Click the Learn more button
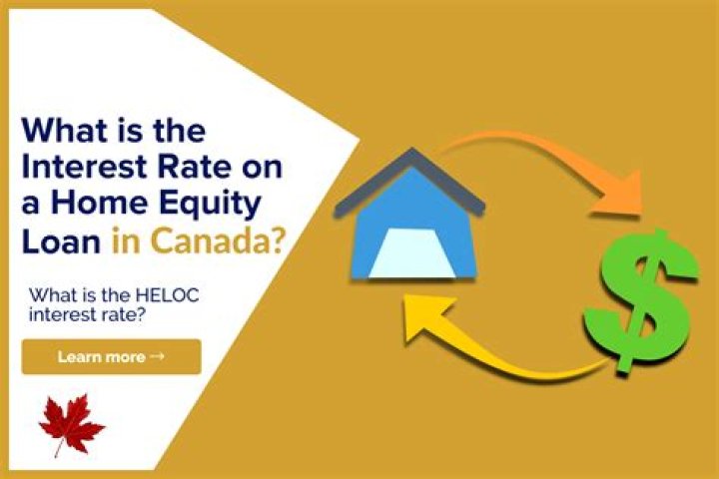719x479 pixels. pos(111,356)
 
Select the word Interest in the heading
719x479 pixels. pos(81,168)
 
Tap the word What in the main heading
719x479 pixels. pos(66,131)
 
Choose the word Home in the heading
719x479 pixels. pos(120,205)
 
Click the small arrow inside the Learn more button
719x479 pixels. pos(157,356)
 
